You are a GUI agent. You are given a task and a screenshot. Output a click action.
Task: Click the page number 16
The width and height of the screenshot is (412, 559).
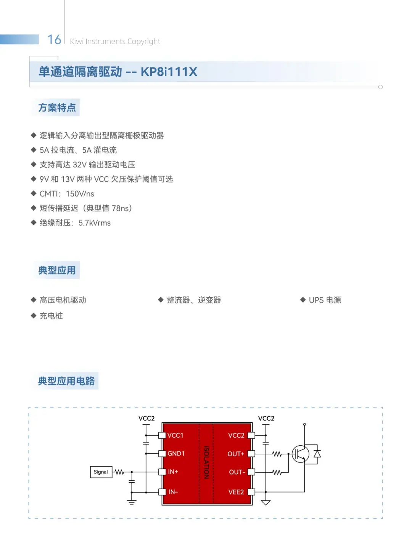point(54,40)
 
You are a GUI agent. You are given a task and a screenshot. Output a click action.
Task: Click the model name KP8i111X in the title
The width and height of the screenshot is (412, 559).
point(169,72)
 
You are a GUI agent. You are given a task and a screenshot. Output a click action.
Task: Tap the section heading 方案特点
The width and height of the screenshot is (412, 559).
point(57,108)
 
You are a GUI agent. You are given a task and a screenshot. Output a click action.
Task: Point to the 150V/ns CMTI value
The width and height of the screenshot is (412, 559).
point(80,194)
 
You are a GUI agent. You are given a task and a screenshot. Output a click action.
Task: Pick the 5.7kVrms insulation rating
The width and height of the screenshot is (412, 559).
point(94,223)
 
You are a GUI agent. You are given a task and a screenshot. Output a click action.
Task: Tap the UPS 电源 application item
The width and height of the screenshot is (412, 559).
point(325,300)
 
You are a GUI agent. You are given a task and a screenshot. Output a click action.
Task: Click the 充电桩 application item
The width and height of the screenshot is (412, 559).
point(51,316)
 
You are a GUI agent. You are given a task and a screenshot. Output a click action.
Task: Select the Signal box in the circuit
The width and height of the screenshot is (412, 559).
point(101,472)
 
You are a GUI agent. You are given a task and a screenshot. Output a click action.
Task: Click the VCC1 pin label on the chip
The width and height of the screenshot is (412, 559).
point(175,435)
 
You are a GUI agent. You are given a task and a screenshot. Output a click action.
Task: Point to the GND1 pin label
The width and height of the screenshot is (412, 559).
point(176,453)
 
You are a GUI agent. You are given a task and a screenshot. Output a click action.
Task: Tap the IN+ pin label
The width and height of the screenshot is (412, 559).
point(173,472)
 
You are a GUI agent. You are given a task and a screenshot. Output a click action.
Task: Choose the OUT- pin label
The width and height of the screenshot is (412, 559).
point(237,472)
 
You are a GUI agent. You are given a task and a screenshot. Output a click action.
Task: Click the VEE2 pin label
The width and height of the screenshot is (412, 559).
point(236,492)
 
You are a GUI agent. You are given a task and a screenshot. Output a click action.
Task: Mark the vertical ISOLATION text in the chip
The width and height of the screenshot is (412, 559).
point(206,462)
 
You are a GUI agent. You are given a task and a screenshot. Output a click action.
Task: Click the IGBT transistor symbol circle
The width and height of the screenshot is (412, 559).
point(301,454)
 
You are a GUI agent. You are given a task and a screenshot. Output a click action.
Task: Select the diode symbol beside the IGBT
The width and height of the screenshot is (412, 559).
point(317,453)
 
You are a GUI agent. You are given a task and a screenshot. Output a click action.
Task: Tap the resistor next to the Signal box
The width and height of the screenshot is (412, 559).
point(119,472)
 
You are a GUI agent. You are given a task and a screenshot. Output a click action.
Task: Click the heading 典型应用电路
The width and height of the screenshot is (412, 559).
point(66,381)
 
